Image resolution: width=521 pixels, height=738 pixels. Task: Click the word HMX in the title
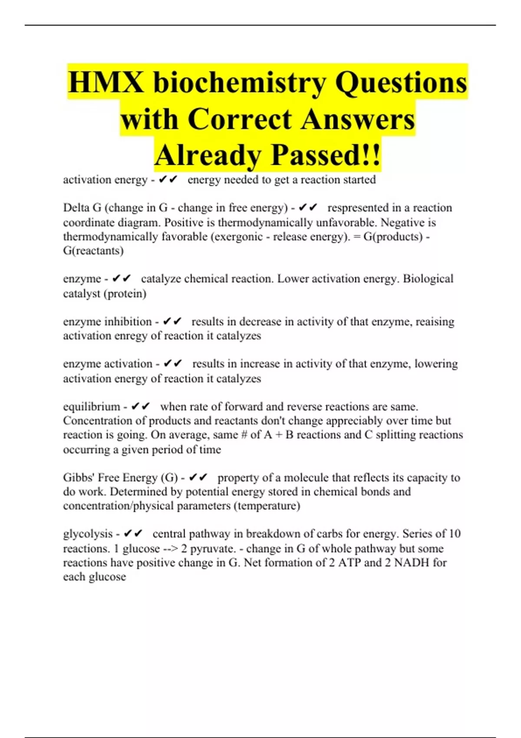pyautogui.click(x=106, y=82)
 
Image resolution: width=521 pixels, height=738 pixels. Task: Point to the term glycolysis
pyautogui.click(x=88, y=534)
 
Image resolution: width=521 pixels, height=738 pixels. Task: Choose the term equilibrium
pyautogui.click(x=91, y=407)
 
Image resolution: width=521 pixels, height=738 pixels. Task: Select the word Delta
pyautogui.click(x=76, y=208)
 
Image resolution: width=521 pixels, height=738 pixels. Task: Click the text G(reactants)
pyautogui.click(x=93, y=250)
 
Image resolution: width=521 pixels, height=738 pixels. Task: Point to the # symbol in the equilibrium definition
pyautogui.click(x=244, y=435)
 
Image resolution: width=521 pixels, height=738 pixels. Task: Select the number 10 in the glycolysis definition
pyautogui.click(x=454, y=534)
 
